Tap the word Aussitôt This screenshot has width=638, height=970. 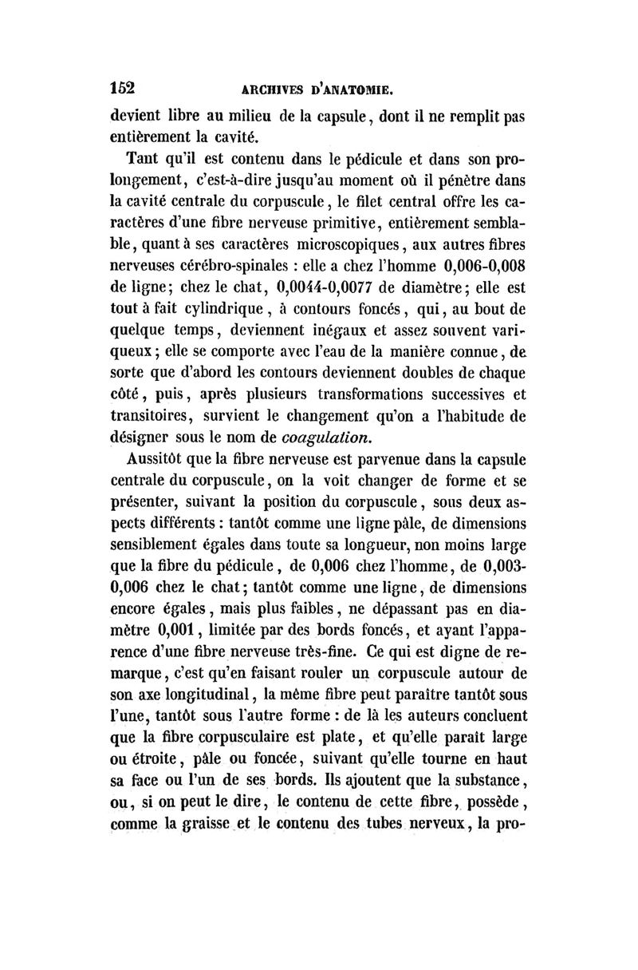coord(163,458)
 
